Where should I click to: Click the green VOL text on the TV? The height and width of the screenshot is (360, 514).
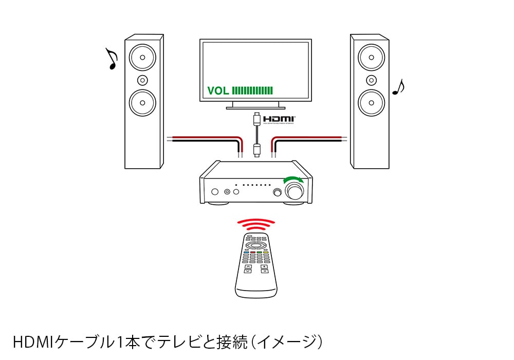[x=218, y=91]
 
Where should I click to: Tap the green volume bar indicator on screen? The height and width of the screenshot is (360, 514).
[x=252, y=91]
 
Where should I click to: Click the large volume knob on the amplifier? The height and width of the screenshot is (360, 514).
[x=295, y=191]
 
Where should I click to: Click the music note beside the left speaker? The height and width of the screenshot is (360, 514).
[x=111, y=59]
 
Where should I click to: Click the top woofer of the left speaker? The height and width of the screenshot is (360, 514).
[x=142, y=57]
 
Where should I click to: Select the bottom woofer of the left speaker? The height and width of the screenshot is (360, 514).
[x=142, y=102]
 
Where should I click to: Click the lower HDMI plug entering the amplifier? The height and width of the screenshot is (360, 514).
[x=256, y=150]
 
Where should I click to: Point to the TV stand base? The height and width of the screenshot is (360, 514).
[x=255, y=106]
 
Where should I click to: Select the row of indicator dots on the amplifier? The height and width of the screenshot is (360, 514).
[x=252, y=184]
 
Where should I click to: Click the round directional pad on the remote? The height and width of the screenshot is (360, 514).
[x=255, y=245]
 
